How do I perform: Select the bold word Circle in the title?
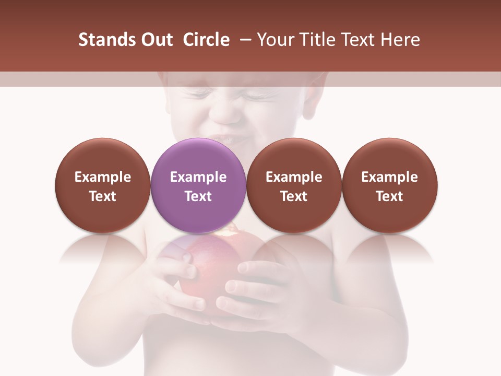tap(206, 40)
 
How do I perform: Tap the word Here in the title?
tap(400, 40)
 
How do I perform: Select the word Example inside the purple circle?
tap(198, 177)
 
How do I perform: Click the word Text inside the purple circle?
tap(198, 196)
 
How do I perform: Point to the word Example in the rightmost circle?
tap(389, 177)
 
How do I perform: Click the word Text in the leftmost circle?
tap(103, 196)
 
